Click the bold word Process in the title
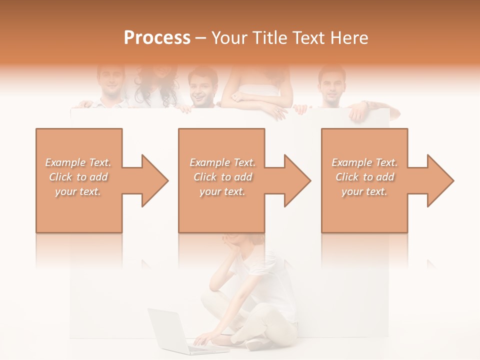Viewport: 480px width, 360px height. (x=157, y=38)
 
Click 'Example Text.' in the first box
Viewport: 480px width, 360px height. (x=78, y=162)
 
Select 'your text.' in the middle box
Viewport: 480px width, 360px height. (x=222, y=191)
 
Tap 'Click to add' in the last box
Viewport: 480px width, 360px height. (x=365, y=177)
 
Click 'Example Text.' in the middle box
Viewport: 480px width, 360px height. (x=222, y=162)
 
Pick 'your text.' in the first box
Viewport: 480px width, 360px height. (x=78, y=191)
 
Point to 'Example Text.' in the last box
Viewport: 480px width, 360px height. (x=365, y=162)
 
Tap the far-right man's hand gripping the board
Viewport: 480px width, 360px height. (x=358, y=112)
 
